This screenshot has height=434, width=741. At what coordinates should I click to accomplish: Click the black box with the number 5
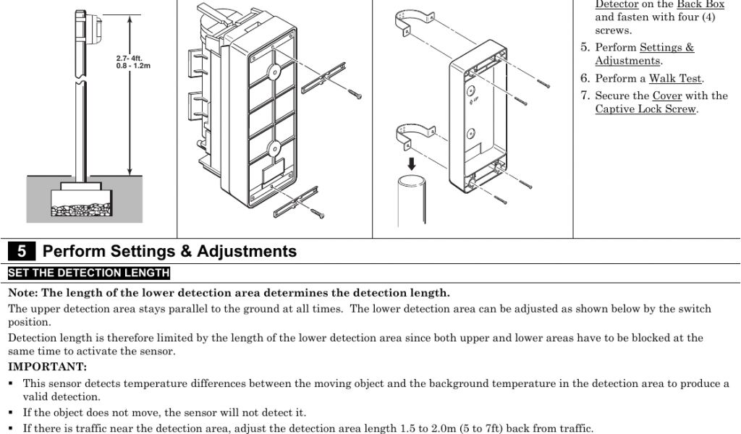22,252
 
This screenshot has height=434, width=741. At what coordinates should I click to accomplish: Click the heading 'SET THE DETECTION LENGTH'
88,273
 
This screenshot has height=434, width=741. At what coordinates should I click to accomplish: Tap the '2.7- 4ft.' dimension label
130,59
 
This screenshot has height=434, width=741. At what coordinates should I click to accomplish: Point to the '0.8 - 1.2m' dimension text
133,67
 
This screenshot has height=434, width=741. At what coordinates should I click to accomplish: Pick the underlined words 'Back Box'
700,4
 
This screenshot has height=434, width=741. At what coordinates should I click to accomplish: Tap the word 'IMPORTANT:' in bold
47,367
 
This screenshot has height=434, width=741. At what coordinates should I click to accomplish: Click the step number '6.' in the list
585,78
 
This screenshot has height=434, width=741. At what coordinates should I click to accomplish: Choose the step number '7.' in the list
585,95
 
